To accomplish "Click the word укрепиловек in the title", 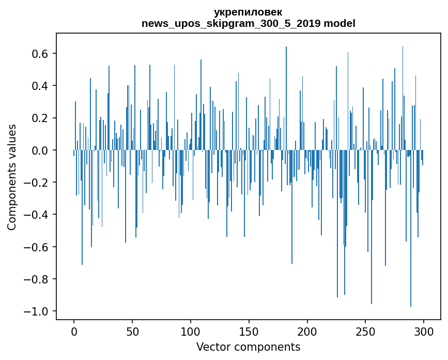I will pos(248,12).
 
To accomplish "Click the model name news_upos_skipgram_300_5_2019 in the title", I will pos(231,23).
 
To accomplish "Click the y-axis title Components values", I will pos(12,177).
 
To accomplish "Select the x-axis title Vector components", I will pos(248,347).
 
